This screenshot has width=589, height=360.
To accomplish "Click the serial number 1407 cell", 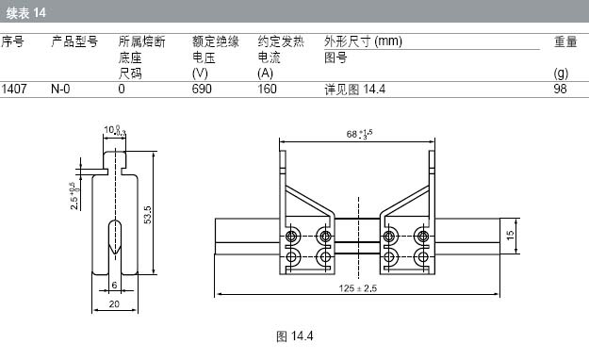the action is [x=14, y=90].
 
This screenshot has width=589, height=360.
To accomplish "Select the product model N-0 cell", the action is [x=60, y=90].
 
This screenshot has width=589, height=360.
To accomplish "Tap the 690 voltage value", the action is [x=202, y=90].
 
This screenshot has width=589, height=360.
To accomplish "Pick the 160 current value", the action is [x=267, y=90].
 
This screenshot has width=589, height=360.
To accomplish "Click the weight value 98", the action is [x=560, y=90].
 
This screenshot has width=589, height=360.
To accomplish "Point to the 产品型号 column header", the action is [x=74, y=41].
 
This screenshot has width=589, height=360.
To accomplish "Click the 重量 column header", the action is [x=565, y=41].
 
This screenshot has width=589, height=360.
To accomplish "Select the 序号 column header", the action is [x=12, y=41].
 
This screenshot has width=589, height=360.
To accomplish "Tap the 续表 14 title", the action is [x=25, y=13].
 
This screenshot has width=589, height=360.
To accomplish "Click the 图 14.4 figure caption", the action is [x=294, y=335].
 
